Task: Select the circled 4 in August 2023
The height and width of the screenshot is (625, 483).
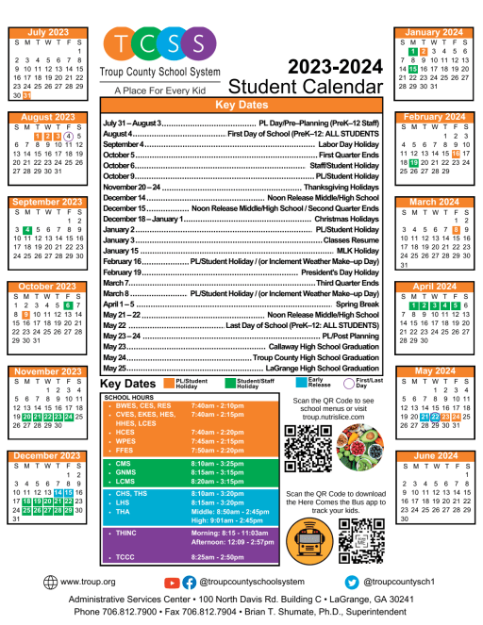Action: click(x=69, y=135)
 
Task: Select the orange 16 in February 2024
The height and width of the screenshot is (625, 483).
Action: click(x=456, y=153)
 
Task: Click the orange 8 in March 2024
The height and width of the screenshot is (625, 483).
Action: click(x=456, y=229)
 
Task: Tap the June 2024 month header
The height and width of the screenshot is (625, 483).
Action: click(x=435, y=455)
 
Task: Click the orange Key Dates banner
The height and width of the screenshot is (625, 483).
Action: click(x=241, y=105)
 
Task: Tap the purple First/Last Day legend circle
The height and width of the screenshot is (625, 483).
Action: click(x=350, y=384)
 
